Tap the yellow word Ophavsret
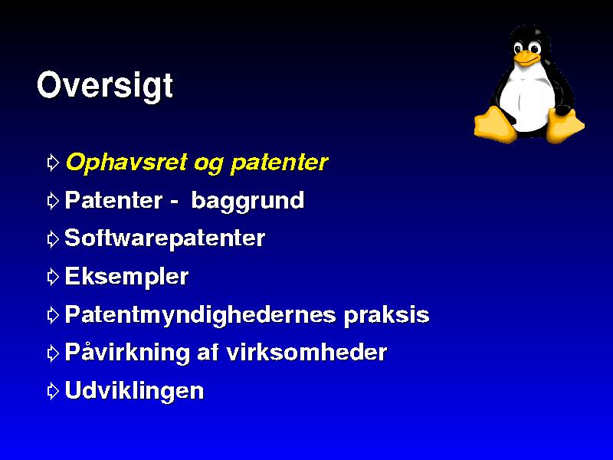click(126, 162)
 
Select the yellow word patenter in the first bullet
click(279, 163)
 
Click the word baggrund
click(247, 202)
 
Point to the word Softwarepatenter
click(165, 238)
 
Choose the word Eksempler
click(126, 277)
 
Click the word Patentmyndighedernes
click(200, 315)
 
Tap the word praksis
click(387, 315)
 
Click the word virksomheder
click(307, 352)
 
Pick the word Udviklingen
click(134, 391)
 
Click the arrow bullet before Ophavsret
click(53, 163)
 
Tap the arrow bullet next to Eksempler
click(53, 278)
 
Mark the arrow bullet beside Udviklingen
click(53, 391)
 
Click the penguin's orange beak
click(526, 59)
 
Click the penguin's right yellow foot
click(564, 126)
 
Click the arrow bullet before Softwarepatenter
click(53, 239)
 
